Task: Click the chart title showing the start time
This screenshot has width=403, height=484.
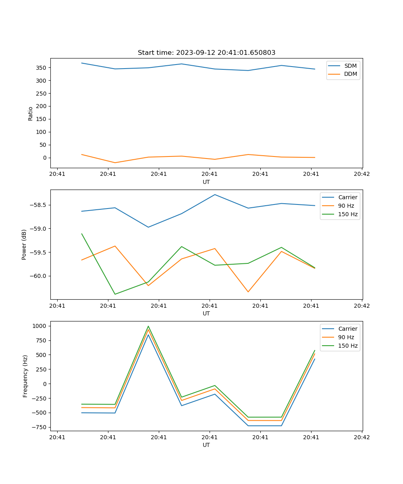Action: point(206,53)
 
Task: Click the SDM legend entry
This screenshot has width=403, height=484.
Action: point(350,65)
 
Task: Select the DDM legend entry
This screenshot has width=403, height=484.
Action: point(350,74)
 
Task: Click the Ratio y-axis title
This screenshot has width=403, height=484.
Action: point(31,113)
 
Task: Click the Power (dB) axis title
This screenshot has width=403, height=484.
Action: point(24,244)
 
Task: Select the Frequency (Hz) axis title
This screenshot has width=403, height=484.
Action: point(25,376)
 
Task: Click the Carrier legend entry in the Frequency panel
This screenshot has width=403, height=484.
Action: point(347,329)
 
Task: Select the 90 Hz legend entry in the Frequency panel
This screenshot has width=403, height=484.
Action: point(346,337)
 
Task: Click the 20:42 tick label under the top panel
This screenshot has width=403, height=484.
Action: point(361,174)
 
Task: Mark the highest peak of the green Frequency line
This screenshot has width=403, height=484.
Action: point(148,326)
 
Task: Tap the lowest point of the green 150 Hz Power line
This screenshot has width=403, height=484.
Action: point(115,294)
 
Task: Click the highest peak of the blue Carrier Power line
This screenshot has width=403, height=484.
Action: point(215,194)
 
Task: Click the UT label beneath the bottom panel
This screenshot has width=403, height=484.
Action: point(206,445)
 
